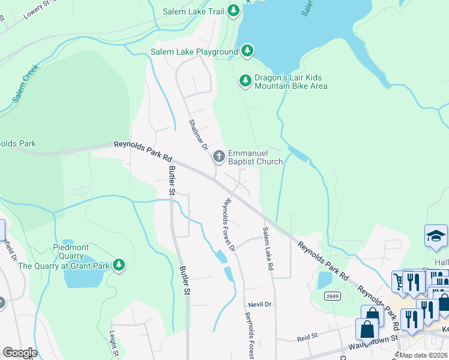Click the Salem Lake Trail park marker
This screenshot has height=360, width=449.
click(234, 11)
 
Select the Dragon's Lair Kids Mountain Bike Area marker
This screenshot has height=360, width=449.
click(245, 80)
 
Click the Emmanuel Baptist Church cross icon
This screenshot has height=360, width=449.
click(219, 156)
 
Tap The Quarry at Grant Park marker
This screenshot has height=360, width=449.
click(119, 265)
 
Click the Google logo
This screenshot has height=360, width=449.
click(19, 353)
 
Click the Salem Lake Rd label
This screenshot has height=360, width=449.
click(268, 248)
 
